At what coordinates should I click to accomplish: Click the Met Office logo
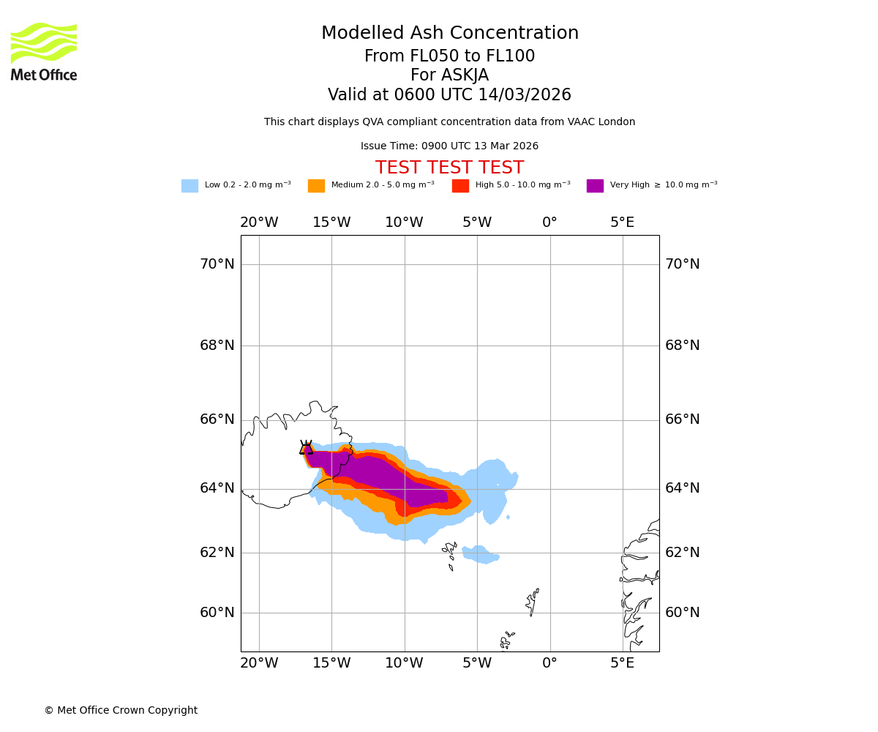[x=44, y=51]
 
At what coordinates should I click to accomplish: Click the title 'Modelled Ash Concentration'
[x=449, y=34]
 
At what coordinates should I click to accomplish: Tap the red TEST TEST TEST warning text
[x=449, y=168]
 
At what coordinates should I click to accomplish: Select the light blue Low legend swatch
[x=190, y=186]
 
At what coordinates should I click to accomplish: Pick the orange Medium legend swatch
[x=316, y=186]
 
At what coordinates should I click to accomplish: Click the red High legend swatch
[x=460, y=186]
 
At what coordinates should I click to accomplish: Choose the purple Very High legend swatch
[x=595, y=186]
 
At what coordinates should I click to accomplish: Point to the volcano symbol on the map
[x=306, y=448]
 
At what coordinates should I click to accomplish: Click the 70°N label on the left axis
[x=217, y=264]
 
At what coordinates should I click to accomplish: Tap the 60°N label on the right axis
[x=682, y=613]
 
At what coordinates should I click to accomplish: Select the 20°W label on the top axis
[x=259, y=223]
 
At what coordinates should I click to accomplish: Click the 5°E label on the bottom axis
[x=622, y=663]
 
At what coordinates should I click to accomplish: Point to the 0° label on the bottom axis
[x=549, y=663]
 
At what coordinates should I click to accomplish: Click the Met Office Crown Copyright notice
[x=121, y=711]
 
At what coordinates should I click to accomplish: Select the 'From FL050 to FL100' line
[x=449, y=56]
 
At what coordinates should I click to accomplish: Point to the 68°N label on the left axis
[x=217, y=346]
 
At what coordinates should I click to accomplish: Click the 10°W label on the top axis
[x=404, y=223]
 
